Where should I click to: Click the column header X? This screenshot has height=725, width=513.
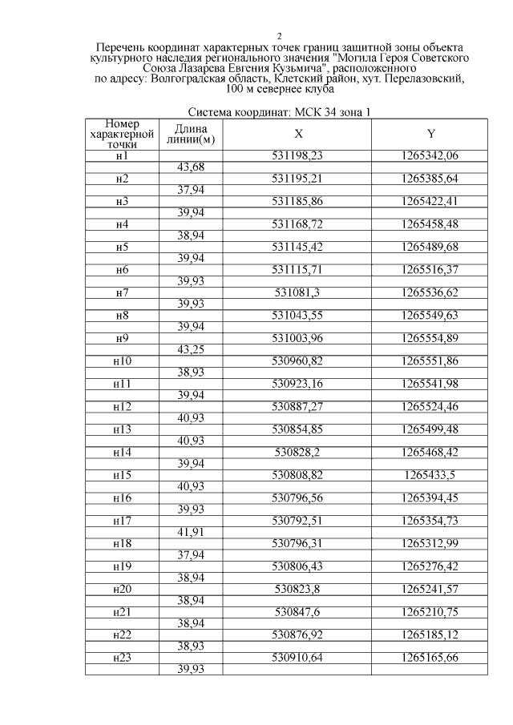[x=298, y=134]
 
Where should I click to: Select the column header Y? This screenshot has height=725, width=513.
[x=430, y=134]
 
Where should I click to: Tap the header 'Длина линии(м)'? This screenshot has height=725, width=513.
[x=191, y=134]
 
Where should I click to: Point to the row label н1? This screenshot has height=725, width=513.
[x=122, y=155]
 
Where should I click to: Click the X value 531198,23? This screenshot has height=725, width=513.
[x=298, y=155]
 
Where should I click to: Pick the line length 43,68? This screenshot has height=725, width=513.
[x=191, y=167]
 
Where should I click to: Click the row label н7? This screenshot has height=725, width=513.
[x=122, y=292]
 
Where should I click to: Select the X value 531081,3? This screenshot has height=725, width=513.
[x=298, y=292]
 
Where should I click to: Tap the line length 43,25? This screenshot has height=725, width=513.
[x=191, y=350]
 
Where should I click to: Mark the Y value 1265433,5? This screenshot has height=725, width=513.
[x=430, y=475]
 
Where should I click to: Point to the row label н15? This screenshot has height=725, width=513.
[x=122, y=475]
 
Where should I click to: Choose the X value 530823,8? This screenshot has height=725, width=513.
[x=298, y=589]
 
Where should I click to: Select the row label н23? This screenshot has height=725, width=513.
[x=122, y=658]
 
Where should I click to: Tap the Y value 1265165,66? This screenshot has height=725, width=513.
[x=430, y=658]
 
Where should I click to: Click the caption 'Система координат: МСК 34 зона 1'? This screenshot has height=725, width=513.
[x=279, y=113]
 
